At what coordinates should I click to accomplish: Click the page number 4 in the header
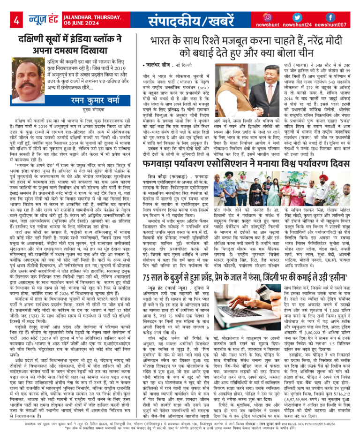16,21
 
